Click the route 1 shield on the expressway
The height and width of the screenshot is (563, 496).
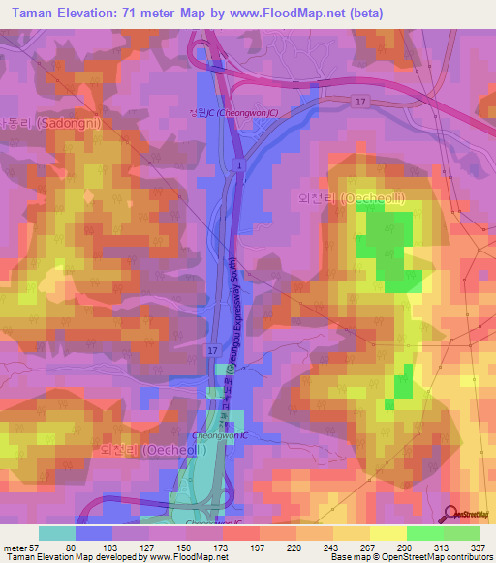tap(236, 166)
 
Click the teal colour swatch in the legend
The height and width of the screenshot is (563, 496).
tap(56, 533)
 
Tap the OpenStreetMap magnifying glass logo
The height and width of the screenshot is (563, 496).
tap(450, 514)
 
